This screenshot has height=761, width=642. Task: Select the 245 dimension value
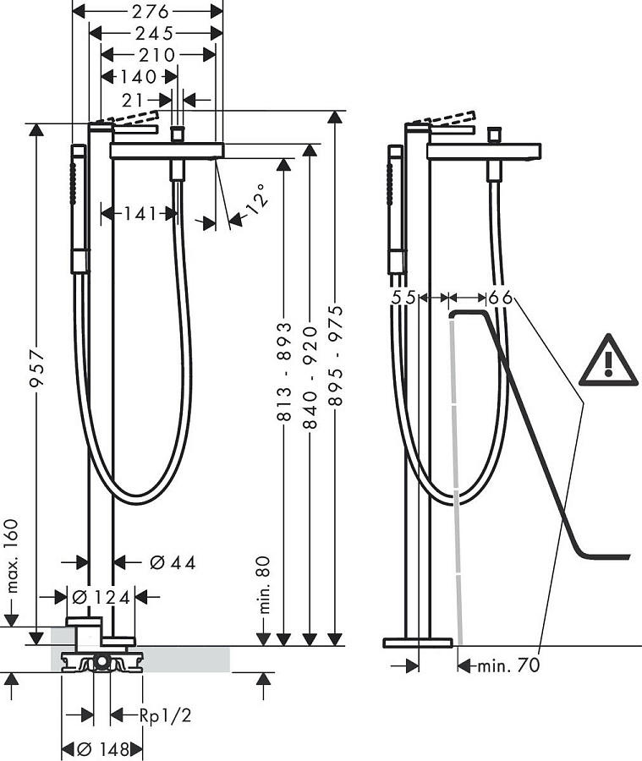point(154,33)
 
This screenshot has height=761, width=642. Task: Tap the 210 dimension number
point(157,55)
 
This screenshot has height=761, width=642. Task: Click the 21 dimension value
point(147,100)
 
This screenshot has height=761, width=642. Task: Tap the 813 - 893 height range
point(285,373)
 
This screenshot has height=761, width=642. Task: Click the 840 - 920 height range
point(310,373)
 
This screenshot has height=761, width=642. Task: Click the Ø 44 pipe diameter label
point(173,562)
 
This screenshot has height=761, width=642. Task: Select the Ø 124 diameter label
point(101,597)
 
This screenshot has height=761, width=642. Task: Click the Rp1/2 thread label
point(166,716)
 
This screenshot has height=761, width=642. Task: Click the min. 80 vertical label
point(264,583)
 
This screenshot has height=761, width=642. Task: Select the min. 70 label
point(507,665)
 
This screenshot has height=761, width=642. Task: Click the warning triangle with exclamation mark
point(608,362)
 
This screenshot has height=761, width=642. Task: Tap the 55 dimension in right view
point(404,298)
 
